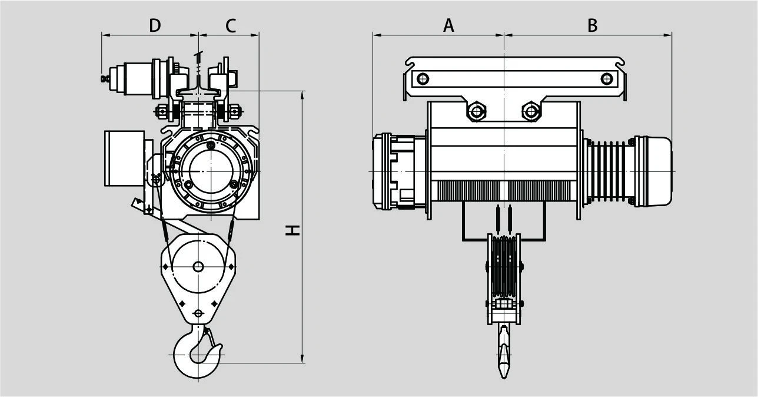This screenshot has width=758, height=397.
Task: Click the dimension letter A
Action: pyautogui.click(x=448, y=25)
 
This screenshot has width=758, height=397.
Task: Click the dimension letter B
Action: pyautogui.click(x=592, y=25)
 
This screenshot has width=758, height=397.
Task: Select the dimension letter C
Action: pyautogui.click(x=231, y=25)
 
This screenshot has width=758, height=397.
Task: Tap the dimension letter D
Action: pyautogui.click(x=155, y=25)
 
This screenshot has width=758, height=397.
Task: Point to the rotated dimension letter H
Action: pyautogui.click(x=292, y=230)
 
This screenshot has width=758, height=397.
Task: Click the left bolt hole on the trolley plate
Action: pyautogui.click(x=423, y=79)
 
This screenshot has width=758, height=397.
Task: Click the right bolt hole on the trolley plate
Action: pyautogui.click(x=607, y=79)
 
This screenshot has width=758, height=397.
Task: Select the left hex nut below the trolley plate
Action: pyautogui.click(x=477, y=111)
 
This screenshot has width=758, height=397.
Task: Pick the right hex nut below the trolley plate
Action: pyautogui.click(x=531, y=111)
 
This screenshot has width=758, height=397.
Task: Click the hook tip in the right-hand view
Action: pyautogui.click(x=504, y=378)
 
